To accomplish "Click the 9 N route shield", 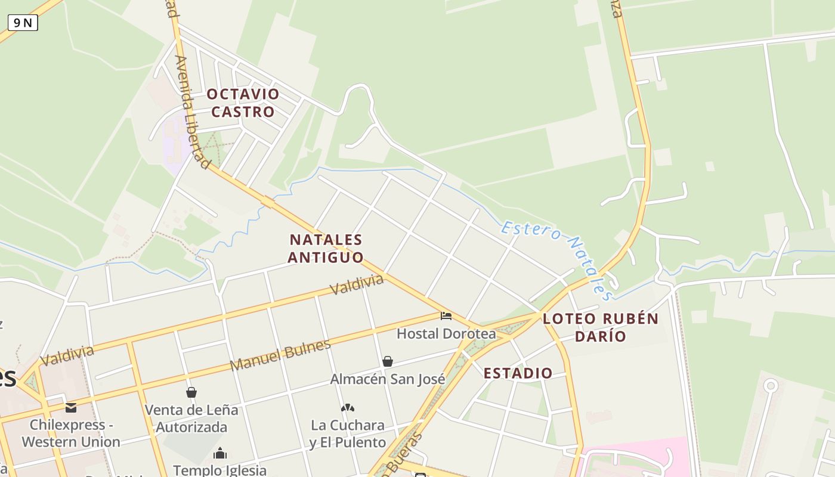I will point(23,23).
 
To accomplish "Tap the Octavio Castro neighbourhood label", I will point(243,103).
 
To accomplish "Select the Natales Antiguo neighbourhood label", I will point(326,248).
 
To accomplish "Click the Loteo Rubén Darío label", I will point(601,327).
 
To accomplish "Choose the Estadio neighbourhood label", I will point(518,373).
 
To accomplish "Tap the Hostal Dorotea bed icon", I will point(446,315).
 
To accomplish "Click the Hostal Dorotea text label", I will point(446,333).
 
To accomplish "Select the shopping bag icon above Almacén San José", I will point(388,361).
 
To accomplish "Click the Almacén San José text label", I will point(388,379).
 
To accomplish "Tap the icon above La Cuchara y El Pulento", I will point(348,408).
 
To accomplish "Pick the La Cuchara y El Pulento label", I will point(348,434).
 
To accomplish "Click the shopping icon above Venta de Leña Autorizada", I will point(191,392).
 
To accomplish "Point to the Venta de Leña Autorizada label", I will point(191,419).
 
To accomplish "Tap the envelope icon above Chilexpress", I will point(71,408).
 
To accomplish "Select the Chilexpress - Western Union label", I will point(71,433).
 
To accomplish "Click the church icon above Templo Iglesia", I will point(220,453).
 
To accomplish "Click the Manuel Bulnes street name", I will point(280,355).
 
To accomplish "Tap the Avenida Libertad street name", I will point(193,112).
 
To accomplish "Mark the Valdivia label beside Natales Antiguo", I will point(357,284).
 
